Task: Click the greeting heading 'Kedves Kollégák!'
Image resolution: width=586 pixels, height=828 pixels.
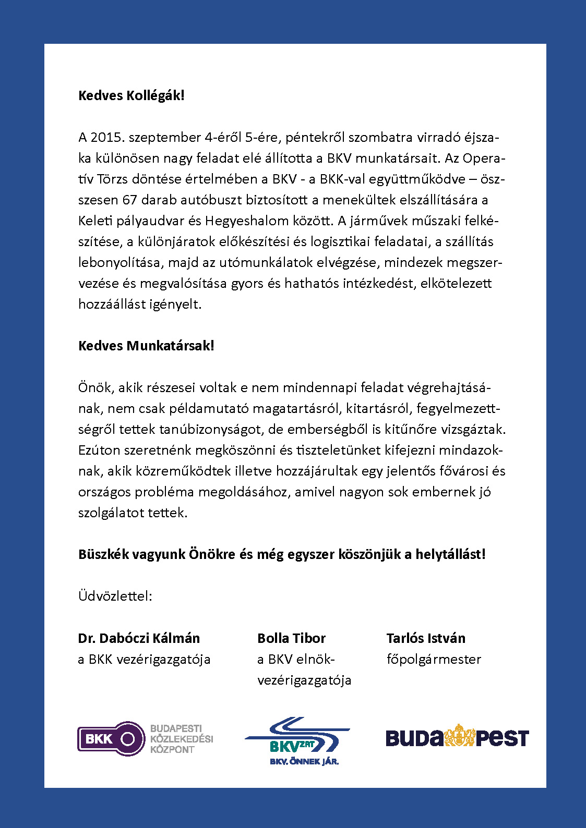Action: click(x=131, y=95)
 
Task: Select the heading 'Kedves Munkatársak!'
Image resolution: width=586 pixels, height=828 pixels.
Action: click(x=146, y=346)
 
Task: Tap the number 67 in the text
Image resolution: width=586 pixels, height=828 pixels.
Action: click(x=130, y=200)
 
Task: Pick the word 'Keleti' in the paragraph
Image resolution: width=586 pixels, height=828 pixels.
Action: click(x=95, y=221)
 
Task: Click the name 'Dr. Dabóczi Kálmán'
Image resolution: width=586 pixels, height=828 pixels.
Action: click(x=139, y=638)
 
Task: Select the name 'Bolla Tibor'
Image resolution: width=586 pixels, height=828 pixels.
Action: click(x=291, y=638)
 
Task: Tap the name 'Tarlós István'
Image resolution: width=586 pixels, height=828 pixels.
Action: click(x=426, y=638)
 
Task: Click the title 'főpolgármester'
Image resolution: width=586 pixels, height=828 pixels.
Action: click(x=434, y=659)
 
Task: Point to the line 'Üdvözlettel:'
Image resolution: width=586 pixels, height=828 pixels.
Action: click(x=115, y=596)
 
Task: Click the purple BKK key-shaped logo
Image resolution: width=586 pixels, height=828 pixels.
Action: click(x=111, y=739)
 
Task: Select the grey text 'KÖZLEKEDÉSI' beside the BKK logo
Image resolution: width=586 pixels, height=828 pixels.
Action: click(x=182, y=739)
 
